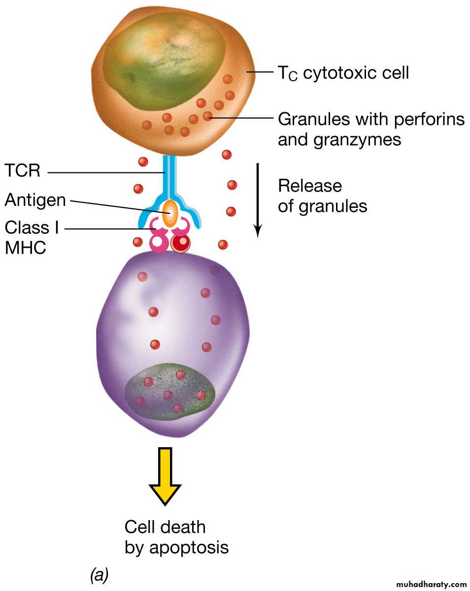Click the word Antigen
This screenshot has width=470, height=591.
35,200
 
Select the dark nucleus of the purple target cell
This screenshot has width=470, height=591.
170,392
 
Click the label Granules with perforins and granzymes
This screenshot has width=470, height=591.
371,129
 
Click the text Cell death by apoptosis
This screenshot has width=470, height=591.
176,537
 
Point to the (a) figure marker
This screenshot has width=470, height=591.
100,574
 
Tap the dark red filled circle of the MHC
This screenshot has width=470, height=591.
181,242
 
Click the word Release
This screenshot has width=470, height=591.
310,186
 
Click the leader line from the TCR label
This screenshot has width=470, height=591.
106,172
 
